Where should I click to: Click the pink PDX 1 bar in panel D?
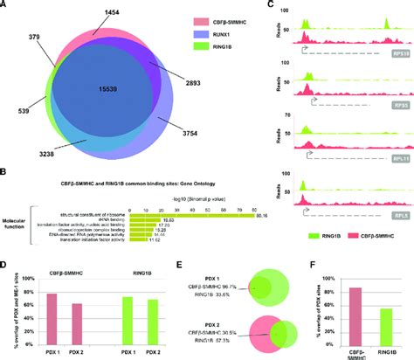click(x=51, y=316)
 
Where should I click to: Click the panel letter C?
click(x=273, y=5)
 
